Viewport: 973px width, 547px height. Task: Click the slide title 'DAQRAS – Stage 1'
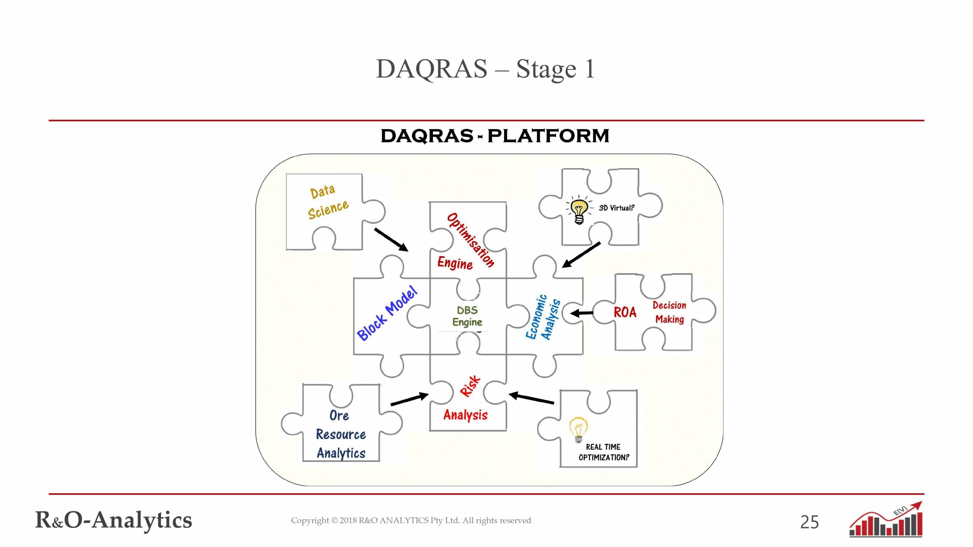(x=485, y=69)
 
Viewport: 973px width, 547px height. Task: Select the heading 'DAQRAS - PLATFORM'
(x=494, y=136)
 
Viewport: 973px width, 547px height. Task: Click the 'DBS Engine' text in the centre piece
(x=467, y=316)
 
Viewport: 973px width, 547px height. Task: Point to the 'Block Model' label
(x=387, y=313)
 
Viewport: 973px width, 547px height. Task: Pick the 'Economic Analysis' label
(x=543, y=317)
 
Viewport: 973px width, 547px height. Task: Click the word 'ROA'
(x=625, y=312)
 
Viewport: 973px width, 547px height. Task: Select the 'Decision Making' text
(x=669, y=312)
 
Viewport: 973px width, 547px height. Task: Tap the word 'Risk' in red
(x=471, y=386)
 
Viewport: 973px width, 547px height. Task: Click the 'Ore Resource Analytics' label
(x=341, y=434)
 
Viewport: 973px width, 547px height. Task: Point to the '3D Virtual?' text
(x=616, y=208)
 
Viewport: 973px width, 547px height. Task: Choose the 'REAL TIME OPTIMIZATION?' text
(x=604, y=452)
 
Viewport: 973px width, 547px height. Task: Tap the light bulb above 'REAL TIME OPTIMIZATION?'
(x=578, y=430)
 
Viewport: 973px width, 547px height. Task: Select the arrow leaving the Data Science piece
(x=391, y=240)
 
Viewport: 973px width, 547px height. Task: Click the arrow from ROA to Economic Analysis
(x=582, y=313)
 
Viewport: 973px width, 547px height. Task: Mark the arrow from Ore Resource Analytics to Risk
(x=409, y=400)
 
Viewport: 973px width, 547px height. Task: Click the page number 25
(x=809, y=522)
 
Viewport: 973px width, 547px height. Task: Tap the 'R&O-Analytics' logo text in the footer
(x=114, y=520)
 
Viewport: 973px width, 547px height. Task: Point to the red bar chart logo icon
(x=886, y=520)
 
